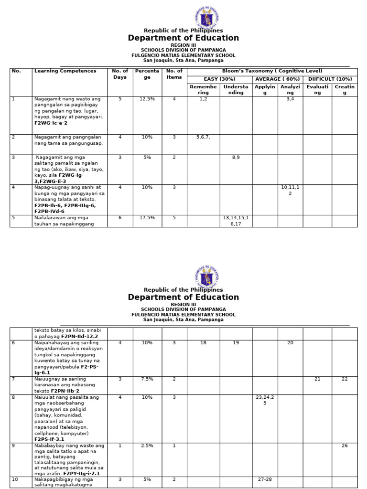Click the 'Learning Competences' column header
pyautogui.click(x=65, y=71)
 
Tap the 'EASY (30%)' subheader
pyautogui.click(x=219, y=79)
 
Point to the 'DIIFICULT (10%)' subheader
pyautogui.click(x=330, y=79)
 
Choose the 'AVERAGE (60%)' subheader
pyautogui.click(x=277, y=79)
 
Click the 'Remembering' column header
pyautogui.click(x=203, y=90)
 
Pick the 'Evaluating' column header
pyautogui.click(x=317, y=90)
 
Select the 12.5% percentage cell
pyautogui.click(x=147, y=99)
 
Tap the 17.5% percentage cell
pyautogui.click(x=147, y=218)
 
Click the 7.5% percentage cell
pyautogui.click(x=147, y=379)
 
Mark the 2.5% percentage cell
pyautogui.click(x=147, y=446)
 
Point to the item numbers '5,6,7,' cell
pyautogui.click(x=203, y=137)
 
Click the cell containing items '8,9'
pyautogui.click(x=236, y=157)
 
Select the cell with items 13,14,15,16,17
pyautogui.click(x=236, y=220)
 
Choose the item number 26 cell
pyautogui.click(x=345, y=446)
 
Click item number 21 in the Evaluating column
pyautogui.click(x=317, y=379)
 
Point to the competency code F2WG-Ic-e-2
pyautogui.click(x=51, y=123)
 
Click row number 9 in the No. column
pyautogui.click(x=14, y=446)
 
